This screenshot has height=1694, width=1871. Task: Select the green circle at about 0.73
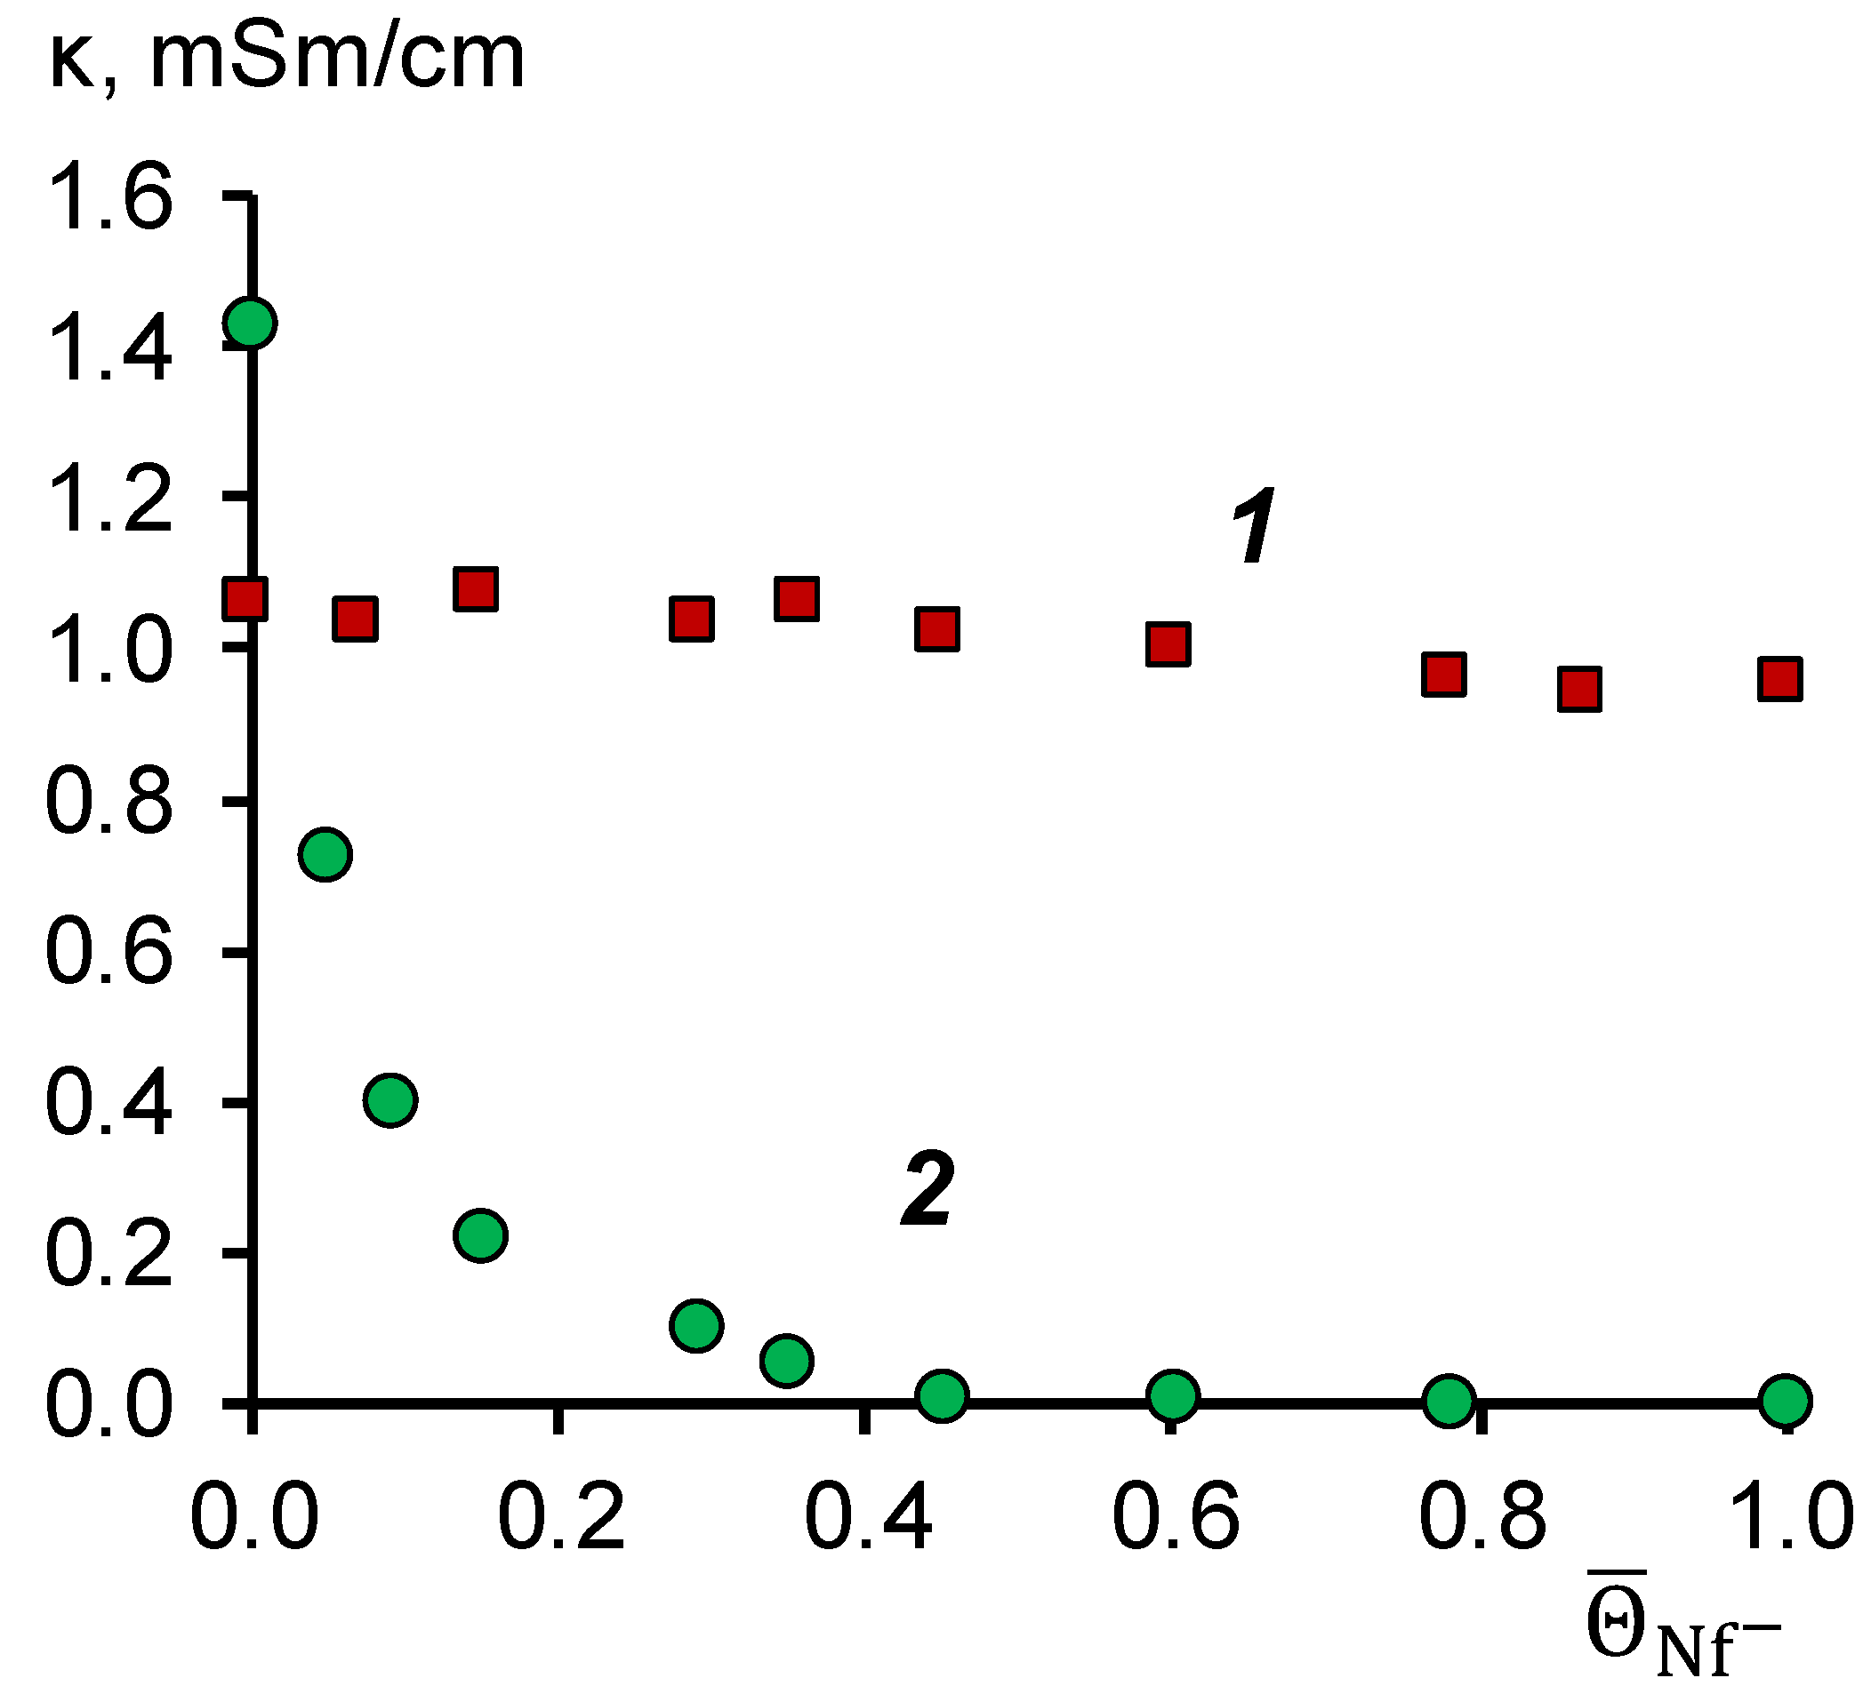325,853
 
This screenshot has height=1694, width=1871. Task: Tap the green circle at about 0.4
390,1100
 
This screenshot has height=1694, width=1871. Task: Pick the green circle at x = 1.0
1785,1399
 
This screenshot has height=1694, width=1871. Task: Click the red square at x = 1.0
1779,679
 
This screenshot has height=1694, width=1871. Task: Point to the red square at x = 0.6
1168,643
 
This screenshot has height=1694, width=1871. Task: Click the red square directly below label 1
1168,643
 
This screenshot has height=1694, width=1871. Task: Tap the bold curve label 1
1254,526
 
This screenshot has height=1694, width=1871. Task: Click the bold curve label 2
927,1189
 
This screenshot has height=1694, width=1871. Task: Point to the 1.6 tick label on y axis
109,196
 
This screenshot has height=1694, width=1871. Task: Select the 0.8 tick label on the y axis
109,801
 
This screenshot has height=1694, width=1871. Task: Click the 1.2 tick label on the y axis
109,499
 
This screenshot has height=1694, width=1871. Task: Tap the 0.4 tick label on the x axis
868,1519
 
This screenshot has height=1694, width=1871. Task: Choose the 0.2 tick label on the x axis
560,1519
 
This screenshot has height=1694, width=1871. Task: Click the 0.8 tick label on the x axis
1482,1519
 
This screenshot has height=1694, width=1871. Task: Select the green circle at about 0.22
481,1235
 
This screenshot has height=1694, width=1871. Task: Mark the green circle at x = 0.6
1173,1394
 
